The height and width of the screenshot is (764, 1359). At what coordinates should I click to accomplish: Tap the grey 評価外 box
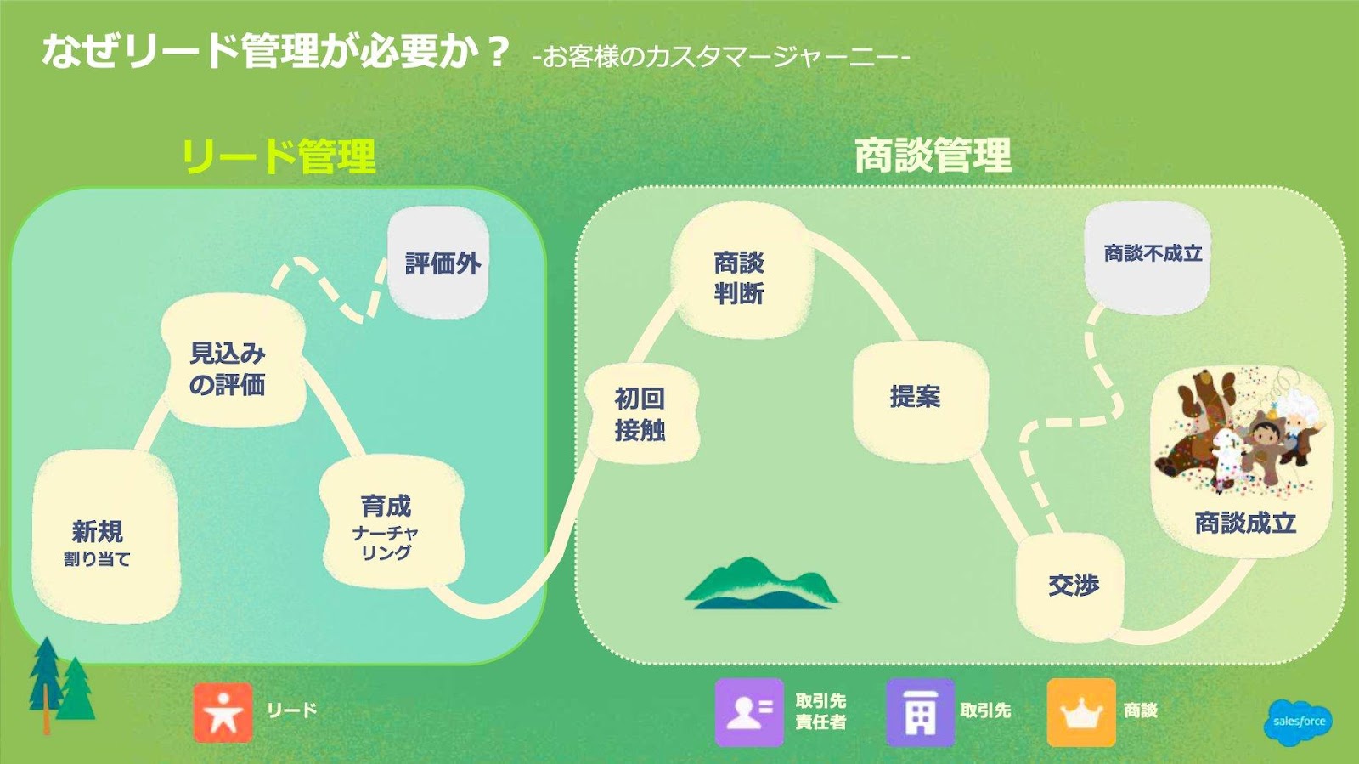click(x=439, y=263)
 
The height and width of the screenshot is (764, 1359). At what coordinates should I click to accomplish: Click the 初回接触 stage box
click(x=640, y=414)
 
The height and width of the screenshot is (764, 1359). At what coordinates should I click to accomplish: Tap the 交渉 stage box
click(x=1071, y=586)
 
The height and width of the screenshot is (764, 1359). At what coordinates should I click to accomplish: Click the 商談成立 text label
click(x=1245, y=523)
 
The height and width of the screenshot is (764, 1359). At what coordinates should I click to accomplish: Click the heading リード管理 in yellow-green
click(x=279, y=156)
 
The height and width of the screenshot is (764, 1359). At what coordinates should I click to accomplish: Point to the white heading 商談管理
click(x=933, y=156)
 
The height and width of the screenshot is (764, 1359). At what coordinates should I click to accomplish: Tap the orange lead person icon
click(x=223, y=712)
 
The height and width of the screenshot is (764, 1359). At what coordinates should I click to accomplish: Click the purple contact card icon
click(x=748, y=712)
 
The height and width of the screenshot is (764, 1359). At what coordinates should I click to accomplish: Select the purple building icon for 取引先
click(x=920, y=712)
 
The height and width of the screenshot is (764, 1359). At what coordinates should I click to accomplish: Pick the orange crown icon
click(x=1080, y=712)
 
